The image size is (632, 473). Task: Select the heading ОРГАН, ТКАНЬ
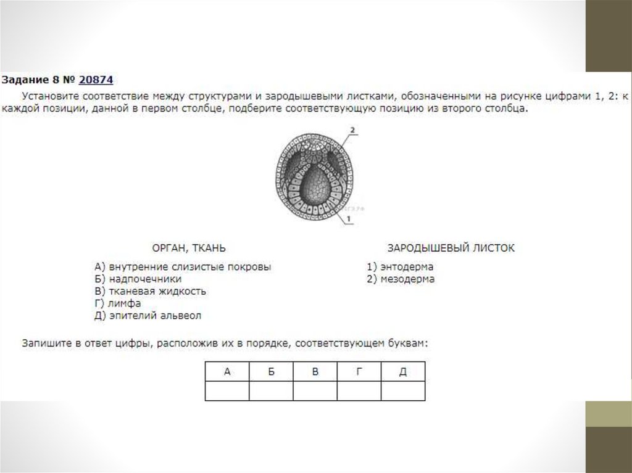pyautogui.click(x=189, y=248)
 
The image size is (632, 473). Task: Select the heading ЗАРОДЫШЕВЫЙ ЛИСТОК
pyautogui.click(x=451, y=248)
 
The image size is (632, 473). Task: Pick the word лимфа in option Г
pyautogui.click(x=125, y=303)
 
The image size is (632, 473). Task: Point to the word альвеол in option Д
pyautogui.click(x=182, y=316)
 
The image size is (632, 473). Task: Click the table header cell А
pyautogui.click(x=227, y=372)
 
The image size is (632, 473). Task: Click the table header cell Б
pyautogui.click(x=271, y=372)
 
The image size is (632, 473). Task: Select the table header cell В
pyautogui.click(x=315, y=372)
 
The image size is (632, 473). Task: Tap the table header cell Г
pyautogui.click(x=359, y=372)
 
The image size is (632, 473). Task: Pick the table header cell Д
pyautogui.click(x=403, y=372)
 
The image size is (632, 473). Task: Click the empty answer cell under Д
pyautogui.click(x=403, y=391)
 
